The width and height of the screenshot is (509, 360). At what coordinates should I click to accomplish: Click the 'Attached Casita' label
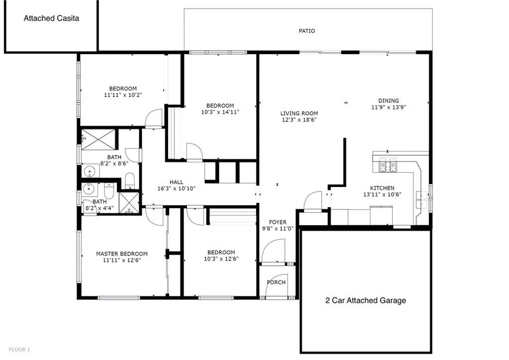pyautogui.click(x=52, y=18)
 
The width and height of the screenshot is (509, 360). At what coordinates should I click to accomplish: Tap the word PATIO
pyautogui.click(x=307, y=31)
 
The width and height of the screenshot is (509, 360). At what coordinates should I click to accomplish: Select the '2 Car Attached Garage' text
pyautogui.click(x=365, y=300)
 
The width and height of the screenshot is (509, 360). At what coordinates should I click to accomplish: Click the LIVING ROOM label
pyautogui.click(x=299, y=113)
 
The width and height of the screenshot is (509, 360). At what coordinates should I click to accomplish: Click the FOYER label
pyautogui.click(x=278, y=222)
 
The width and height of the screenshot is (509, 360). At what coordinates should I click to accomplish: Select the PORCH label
pyautogui.click(x=276, y=282)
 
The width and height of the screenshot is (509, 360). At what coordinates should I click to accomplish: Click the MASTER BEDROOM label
pyautogui.click(x=121, y=254)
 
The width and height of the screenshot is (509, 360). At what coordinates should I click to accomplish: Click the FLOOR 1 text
pyautogui.click(x=19, y=350)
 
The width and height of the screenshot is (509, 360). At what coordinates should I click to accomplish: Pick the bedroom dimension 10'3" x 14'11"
pyautogui.click(x=220, y=112)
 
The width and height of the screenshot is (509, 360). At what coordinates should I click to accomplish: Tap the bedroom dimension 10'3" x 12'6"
pyautogui.click(x=221, y=259)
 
